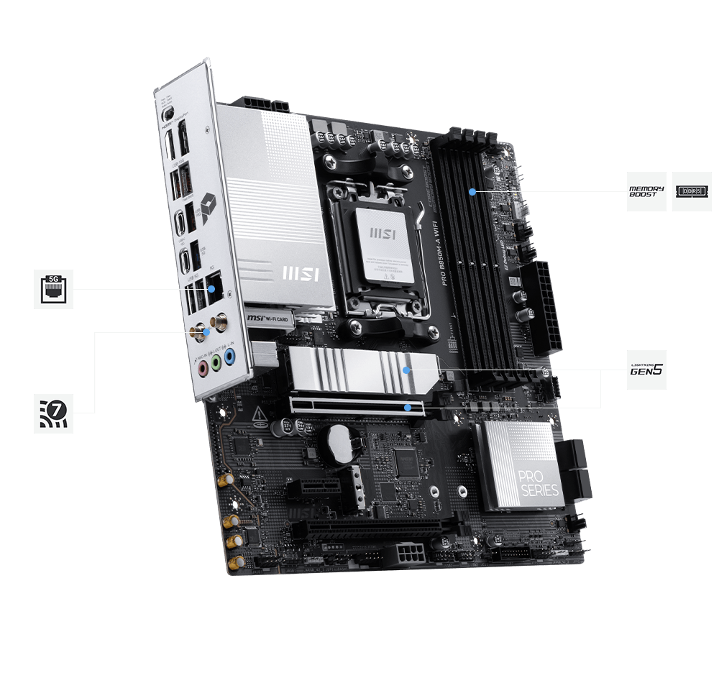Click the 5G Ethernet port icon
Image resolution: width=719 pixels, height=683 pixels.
point(54,289)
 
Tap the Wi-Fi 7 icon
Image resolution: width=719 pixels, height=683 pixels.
point(54,413)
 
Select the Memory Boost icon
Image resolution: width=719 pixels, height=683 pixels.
point(646,191)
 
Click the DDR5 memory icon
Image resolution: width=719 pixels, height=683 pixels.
point(692,191)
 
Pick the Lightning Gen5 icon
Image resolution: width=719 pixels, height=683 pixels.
point(646,370)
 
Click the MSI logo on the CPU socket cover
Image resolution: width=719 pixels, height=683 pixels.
point(379,235)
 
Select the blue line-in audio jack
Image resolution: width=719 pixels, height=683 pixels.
point(229,356)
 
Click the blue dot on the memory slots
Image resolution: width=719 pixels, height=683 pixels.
point(472,192)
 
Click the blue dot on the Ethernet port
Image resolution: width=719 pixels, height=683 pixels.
point(211,289)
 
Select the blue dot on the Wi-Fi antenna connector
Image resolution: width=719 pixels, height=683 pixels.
point(206,332)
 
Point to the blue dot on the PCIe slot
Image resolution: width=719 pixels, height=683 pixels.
point(408,408)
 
